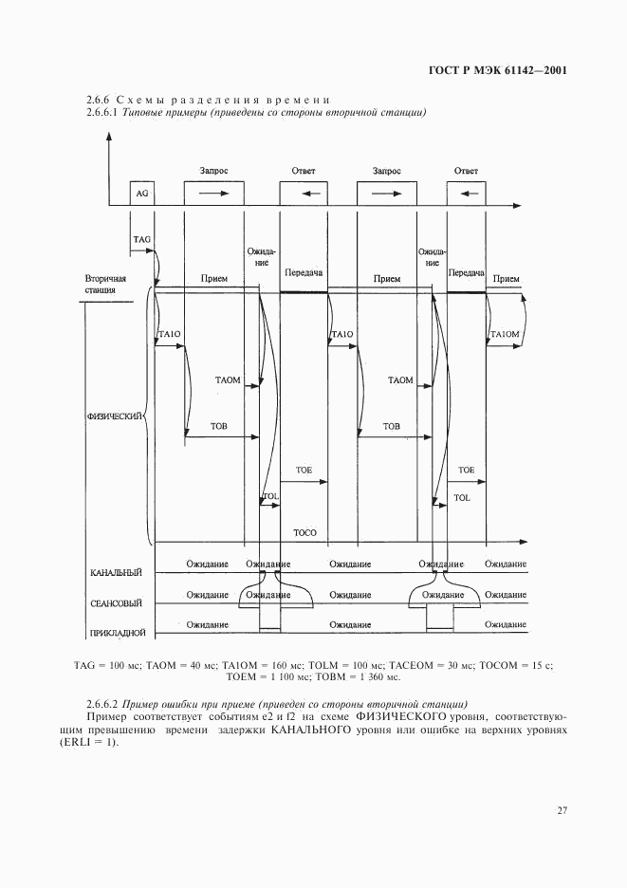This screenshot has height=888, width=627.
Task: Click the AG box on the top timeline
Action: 142,194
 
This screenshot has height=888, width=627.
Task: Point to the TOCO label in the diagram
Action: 305,533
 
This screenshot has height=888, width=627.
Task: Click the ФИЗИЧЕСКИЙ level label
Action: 115,416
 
